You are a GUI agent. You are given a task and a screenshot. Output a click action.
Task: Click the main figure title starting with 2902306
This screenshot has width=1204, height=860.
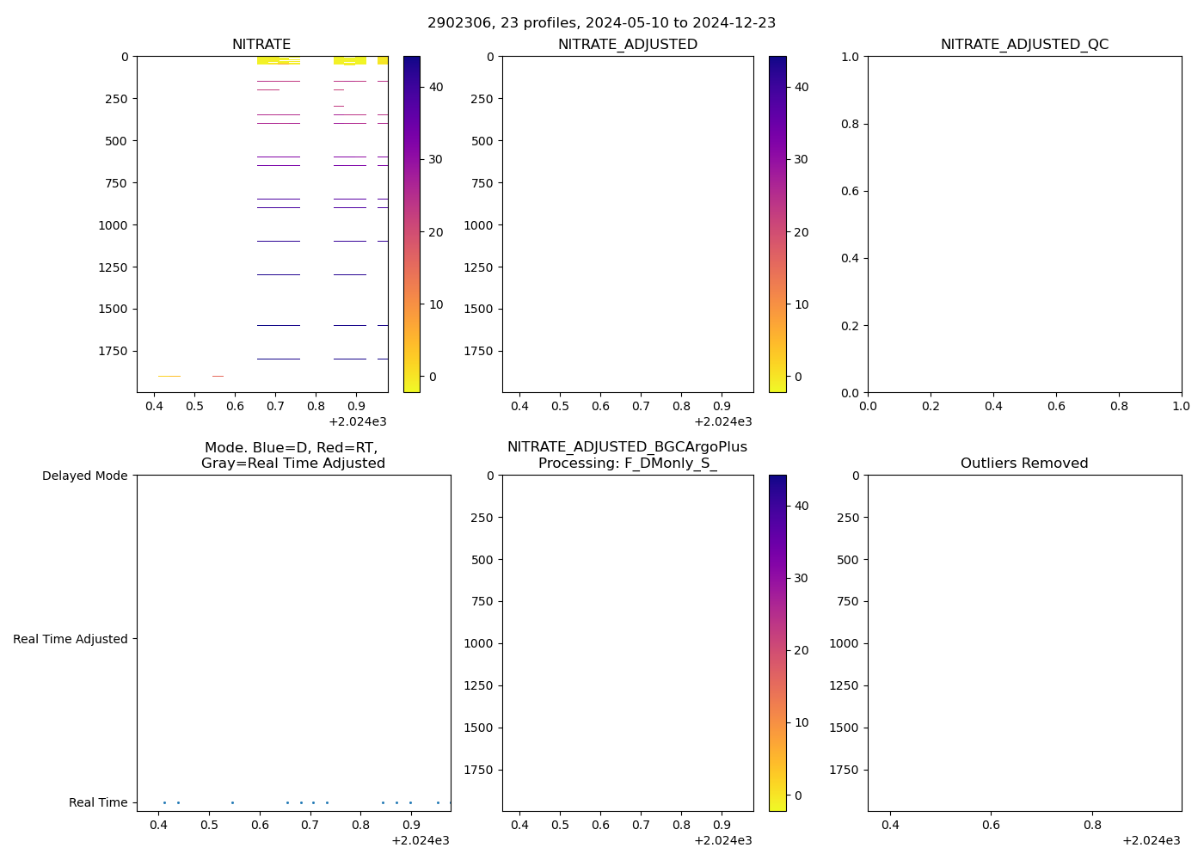[x=601, y=23]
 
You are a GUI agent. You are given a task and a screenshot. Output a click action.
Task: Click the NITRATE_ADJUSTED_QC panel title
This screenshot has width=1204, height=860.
[x=1024, y=45]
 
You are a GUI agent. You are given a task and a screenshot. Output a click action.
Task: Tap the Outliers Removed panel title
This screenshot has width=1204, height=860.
[x=1024, y=464]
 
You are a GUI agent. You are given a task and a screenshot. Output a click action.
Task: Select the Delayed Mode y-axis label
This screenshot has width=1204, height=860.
[x=84, y=476]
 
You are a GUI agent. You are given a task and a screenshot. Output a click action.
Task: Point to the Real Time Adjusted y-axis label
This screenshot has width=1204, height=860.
[x=71, y=639]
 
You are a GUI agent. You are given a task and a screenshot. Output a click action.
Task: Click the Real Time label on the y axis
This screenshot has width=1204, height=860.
[x=98, y=802]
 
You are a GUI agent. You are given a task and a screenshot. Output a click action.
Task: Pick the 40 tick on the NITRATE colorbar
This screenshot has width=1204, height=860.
[x=436, y=87]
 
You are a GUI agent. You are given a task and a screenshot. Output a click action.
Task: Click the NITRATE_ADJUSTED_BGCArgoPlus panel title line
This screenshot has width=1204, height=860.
[x=627, y=447]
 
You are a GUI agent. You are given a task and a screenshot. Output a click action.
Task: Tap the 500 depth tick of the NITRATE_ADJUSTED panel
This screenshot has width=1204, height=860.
[x=482, y=141]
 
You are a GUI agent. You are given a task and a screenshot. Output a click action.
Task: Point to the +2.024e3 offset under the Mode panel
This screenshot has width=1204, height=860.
[x=420, y=840]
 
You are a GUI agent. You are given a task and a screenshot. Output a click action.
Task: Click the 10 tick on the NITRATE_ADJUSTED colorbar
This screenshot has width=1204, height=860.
[x=802, y=304]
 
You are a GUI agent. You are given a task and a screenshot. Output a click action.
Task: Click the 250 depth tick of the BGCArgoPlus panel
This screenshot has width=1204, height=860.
[x=482, y=518]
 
